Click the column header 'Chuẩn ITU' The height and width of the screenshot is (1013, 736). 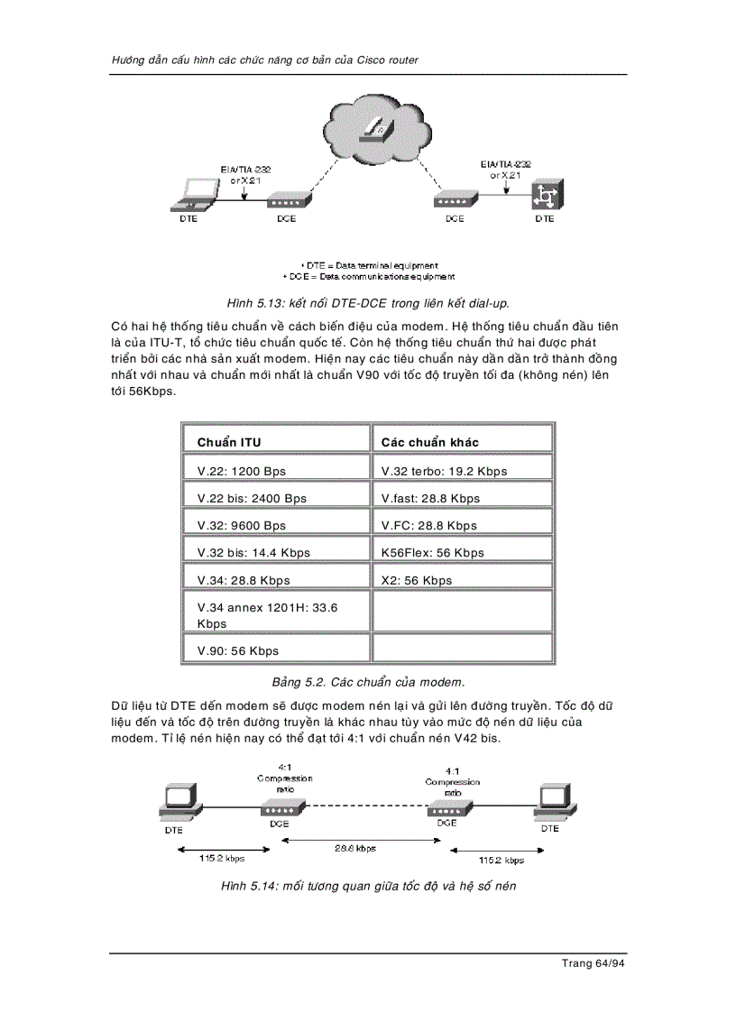click(x=229, y=442)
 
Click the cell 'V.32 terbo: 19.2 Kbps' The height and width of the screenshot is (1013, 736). click(x=444, y=471)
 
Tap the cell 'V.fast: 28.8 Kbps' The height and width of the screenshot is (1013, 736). click(x=430, y=498)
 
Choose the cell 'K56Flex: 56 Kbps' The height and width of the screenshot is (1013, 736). click(x=432, y=553)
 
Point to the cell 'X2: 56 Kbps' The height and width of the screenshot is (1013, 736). click(x=417, y=580)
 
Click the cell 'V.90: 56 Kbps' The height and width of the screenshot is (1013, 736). click(x=238, y=650)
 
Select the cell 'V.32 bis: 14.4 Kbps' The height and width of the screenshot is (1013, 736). click(x=253, y=553)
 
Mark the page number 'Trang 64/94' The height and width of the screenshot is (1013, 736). click(x=593, y=963)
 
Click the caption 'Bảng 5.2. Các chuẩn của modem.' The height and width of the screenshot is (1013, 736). click(x=368, y=681)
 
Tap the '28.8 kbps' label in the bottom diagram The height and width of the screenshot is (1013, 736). click(x=354, y=849)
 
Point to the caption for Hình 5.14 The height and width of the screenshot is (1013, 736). click(x=368, y=887)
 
